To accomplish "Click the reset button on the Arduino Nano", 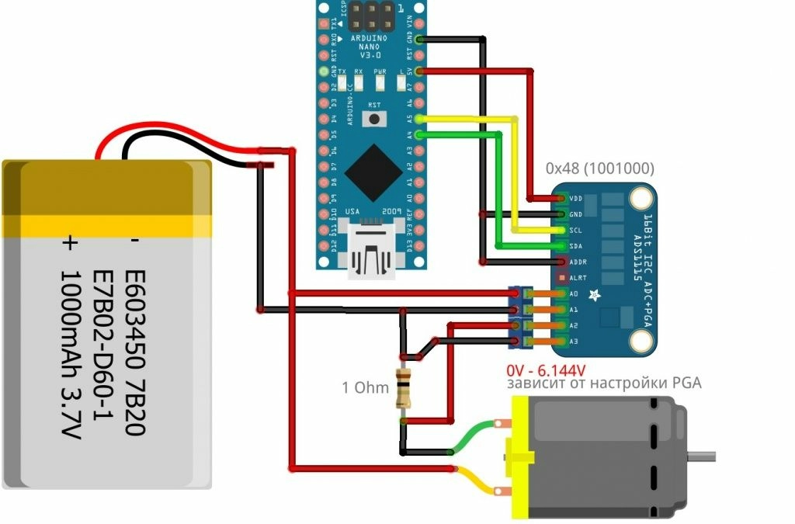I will [377, 119].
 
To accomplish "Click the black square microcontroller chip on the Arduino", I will [373, 172].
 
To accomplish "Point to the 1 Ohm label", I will [365, 387].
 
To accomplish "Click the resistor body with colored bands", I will [403, 388].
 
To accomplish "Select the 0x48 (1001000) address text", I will [599, 168].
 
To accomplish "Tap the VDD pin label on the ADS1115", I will [575, 199].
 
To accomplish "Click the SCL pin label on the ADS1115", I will [575, 230].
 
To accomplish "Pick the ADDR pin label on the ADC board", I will [577, 262].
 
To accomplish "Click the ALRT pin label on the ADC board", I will [577, 277].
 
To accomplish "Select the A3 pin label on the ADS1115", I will [574, 342].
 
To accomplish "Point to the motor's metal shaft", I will [703, 452].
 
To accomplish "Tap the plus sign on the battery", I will [71, 243].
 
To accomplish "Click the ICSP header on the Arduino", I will [371, 14].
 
